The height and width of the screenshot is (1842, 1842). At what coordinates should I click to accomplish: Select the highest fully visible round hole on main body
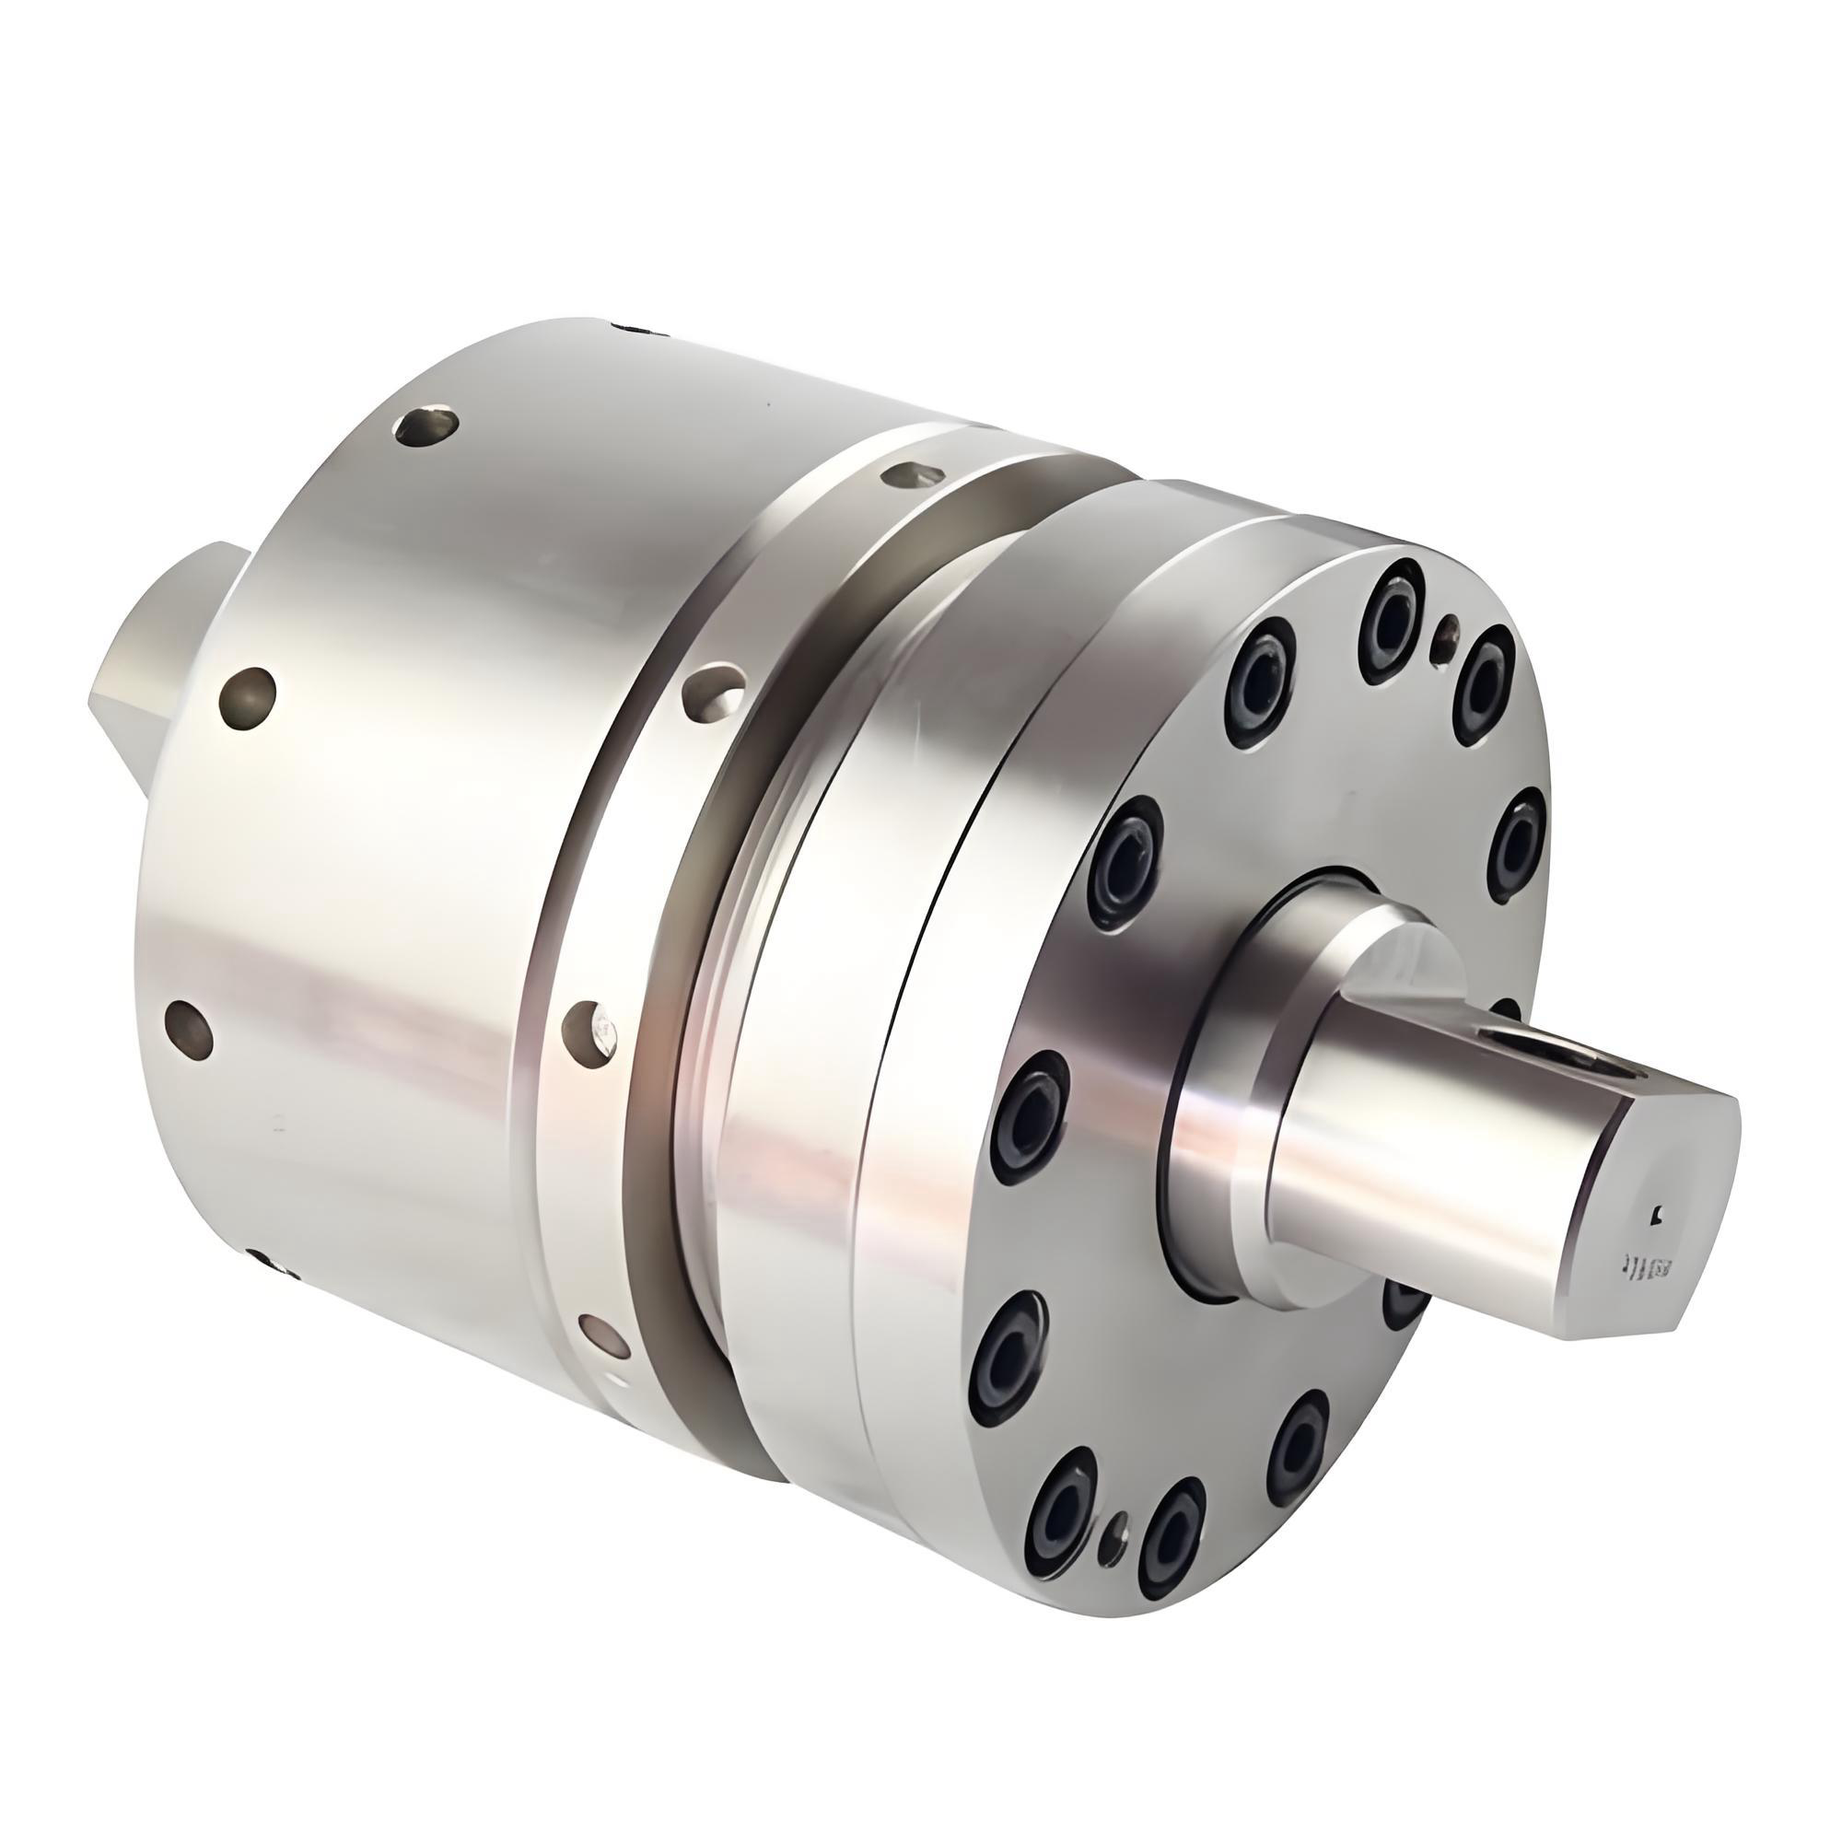click(x=426, y=426)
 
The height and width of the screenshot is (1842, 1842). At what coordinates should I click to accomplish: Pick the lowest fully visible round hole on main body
click(x=187, y=1027)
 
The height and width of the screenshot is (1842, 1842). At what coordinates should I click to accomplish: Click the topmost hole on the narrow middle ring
click(x=913, y=473)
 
